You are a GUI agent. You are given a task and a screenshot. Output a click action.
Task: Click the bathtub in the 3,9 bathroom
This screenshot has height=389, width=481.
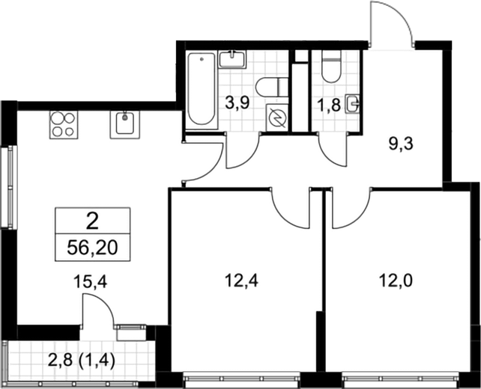click(x=202, y=89)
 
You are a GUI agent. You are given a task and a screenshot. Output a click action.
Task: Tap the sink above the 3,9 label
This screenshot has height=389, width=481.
click(x=232, y=59)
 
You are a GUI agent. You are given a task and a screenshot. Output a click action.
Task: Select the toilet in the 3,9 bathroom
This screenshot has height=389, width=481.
click(x=272, y=87)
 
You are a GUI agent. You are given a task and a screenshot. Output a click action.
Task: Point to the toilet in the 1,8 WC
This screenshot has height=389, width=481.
click(x=331, y=67)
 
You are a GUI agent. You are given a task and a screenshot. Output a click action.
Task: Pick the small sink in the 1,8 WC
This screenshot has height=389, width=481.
click(x=352, y=104)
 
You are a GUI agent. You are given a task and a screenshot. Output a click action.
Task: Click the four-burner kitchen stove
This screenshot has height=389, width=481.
click(x=64, y=125)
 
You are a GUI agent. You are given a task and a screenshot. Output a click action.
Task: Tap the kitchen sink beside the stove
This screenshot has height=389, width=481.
click(x=124, y=125)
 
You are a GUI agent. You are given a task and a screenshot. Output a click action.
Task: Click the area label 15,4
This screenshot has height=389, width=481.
click(x=90, y=281)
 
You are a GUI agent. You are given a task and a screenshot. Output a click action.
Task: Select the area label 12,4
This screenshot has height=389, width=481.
click(x=241, y=281)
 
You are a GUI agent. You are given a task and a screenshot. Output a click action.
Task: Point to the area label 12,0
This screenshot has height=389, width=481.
click(x=396, y=281)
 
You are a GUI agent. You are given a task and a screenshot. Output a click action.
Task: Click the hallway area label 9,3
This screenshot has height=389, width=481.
click(x=401, y=144)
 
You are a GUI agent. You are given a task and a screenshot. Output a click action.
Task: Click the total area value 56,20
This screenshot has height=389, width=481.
click(x=92, y=248)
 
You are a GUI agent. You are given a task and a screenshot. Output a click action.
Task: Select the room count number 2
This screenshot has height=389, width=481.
click(x=92, y=221)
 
